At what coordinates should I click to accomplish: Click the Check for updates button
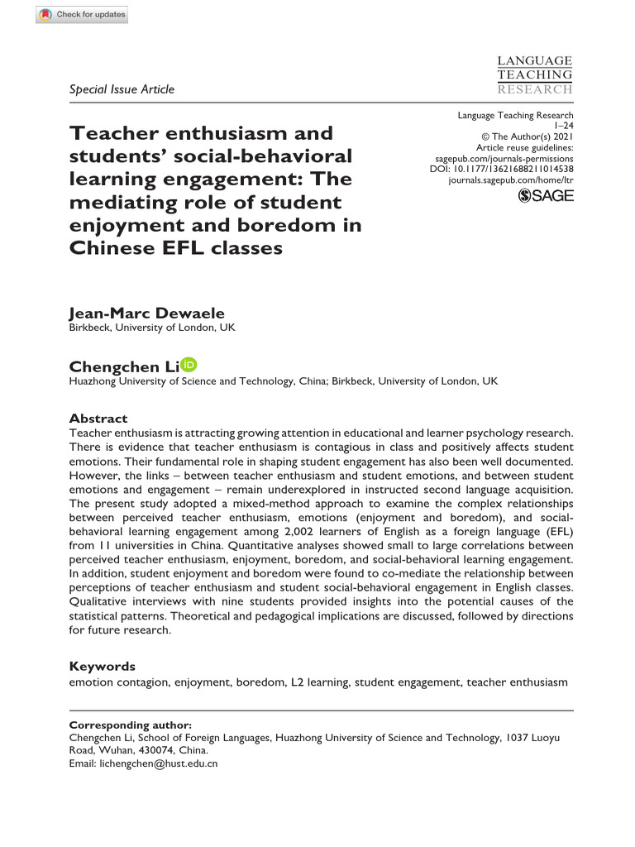[82, 15]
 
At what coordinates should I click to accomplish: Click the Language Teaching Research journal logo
[534, 75]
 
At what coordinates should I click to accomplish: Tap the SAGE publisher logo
[545, 195]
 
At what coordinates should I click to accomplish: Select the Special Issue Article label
[122, 89]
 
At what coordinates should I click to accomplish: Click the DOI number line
[502, 168]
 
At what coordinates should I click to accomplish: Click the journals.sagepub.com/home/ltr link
[510, 179]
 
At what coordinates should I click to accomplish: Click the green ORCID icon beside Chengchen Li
[189, 365]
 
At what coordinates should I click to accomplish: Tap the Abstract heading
[98, 419]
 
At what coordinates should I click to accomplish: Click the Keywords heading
[102, 666]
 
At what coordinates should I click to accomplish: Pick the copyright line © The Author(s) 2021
[527, 136]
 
